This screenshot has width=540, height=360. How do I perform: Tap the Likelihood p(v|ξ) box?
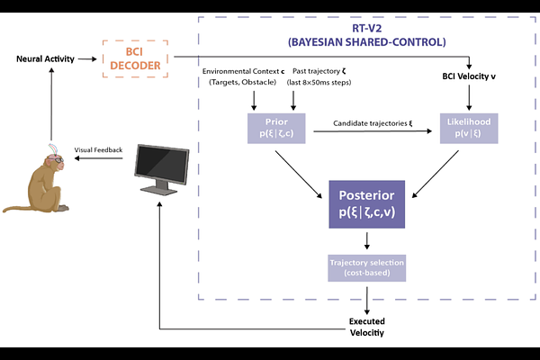coord(468,129)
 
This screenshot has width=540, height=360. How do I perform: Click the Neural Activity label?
coord(45,58)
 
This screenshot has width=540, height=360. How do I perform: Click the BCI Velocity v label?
coord(469,76)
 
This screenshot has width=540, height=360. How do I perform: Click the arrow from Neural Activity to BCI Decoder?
coord(87,58)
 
